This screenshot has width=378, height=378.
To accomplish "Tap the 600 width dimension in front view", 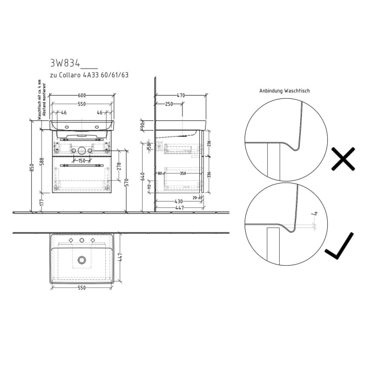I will pyautogui.click(x=82, y=95).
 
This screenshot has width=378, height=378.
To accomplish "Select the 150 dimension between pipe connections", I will pyautogui.click(x=82, y=160).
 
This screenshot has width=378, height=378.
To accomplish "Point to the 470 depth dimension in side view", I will pyautogui.click(x=180, y=95).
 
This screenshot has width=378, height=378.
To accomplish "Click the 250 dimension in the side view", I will pyautogui.click(x=169, y=104).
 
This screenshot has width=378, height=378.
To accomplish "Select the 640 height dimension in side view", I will pyautogui.click(x=143, y=177).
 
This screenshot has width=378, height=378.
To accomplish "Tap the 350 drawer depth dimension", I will pyautogui.click(x=183, y=173).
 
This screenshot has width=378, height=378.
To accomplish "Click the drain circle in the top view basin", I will pyautogui.click(x=82, y=260).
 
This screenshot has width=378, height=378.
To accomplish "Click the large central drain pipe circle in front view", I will pyautogui.click(x=82, y=151).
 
